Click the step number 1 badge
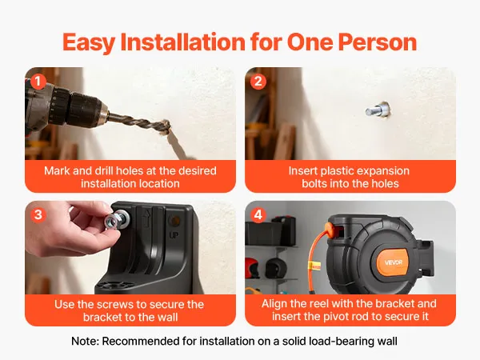38,82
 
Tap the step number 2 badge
258,82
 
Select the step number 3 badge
38,215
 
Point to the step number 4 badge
258,215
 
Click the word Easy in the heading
89,42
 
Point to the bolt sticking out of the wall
377,110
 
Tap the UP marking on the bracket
174,235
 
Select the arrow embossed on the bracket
147,218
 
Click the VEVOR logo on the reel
394,262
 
